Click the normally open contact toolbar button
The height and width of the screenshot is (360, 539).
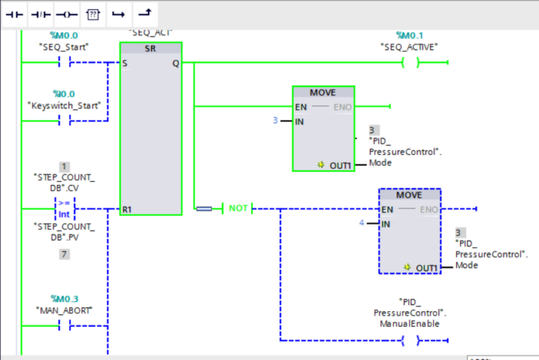click(15, 15)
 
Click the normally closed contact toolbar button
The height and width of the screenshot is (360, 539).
click(40, 15)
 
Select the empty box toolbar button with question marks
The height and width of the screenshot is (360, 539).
click(92, 15)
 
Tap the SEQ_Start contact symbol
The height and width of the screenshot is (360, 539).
click(64, 63)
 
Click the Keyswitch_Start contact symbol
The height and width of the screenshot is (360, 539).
click(64, 120)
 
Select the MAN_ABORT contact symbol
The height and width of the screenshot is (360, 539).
click(64, 326)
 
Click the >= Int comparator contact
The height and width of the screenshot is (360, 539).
click(64, 208)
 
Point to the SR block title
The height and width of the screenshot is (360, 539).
click(150, 48)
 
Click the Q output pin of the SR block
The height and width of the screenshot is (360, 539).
click(175, 63)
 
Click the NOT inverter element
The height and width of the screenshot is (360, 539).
click(238, 208)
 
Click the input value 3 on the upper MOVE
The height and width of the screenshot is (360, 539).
click(275, 121)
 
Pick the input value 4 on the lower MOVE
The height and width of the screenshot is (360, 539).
click(361, 224)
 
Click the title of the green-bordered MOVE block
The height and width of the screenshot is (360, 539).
click(322, 92)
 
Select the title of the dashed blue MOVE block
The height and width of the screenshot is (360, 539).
click(409, 195)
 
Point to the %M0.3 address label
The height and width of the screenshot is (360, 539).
click(64, 298)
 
